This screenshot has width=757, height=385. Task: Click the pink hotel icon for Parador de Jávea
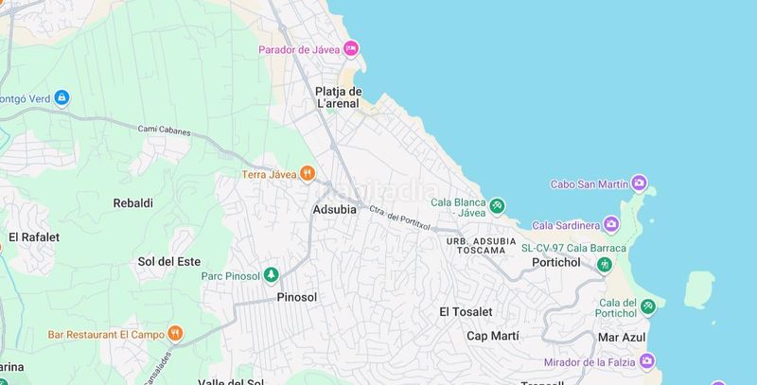coord(351,48)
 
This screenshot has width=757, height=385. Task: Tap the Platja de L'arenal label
coord(339,97)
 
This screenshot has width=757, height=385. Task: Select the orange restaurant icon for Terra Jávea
coord(308,173)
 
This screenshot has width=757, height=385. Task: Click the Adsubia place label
coord(334,209)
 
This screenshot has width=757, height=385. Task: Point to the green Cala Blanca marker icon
coord(497,206)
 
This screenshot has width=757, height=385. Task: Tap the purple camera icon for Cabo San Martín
coord(640,183)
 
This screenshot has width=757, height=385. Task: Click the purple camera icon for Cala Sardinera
coord(611,224)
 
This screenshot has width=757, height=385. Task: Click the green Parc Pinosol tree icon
coord(271,275)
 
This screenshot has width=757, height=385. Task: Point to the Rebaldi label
coord(132,202)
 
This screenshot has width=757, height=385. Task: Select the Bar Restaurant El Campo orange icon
coord(175,333)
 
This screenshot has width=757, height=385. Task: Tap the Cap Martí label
coord(495,336)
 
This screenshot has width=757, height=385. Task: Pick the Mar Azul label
coord(621,337)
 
